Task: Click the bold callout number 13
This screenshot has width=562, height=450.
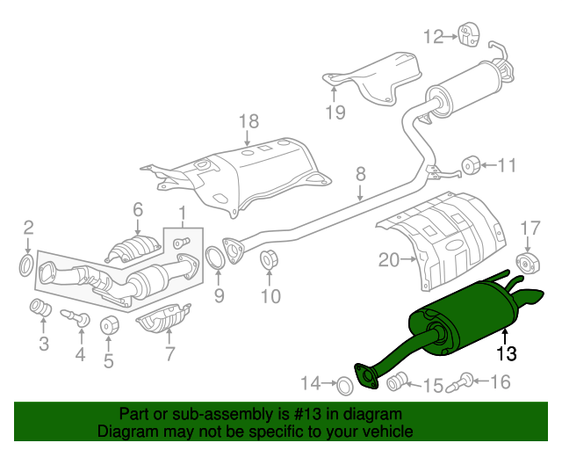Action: tap(507, 353)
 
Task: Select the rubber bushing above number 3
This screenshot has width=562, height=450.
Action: tap(40, 308)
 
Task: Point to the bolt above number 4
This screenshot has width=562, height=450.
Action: tap(76, 317)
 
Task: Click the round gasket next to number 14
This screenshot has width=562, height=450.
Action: tap(345, 386)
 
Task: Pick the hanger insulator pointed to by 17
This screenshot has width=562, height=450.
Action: tap(528, 265)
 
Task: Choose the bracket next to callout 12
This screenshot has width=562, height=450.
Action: tap(468, 34)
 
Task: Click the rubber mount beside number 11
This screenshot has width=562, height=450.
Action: tap(471, 165)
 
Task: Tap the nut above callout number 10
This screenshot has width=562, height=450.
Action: tap(270, 258)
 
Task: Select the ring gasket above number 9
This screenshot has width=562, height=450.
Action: tap(215, 258)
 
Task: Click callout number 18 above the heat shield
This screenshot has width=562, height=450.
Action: tap(249, 121)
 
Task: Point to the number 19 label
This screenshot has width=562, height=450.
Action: tap(335, 112)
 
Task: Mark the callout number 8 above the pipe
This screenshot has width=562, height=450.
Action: tap(361, 174)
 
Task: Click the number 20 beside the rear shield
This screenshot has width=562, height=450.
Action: tap(389, 259)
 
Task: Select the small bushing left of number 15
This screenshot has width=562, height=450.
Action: tap(397, 381)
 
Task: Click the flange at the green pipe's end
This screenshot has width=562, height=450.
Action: tap(366, 376)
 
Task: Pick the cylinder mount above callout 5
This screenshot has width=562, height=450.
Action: tap(109, 325)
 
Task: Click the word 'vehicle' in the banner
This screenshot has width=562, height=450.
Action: tap(391, 432)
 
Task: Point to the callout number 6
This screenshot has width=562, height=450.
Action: tap(138, 209)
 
